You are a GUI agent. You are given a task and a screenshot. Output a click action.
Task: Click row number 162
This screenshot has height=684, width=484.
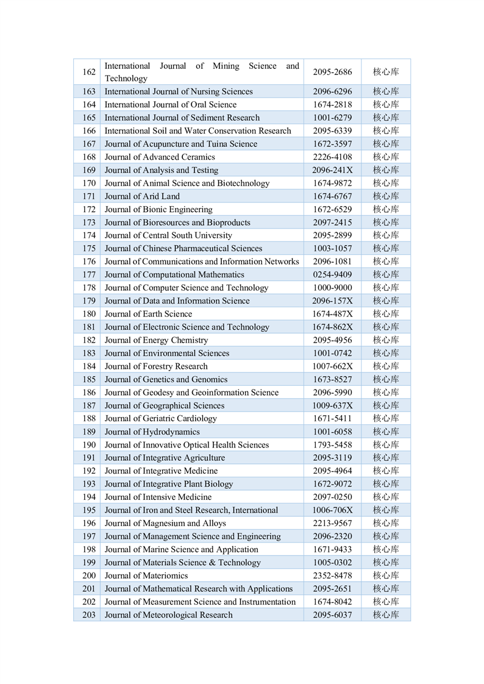click(x=89, y=72)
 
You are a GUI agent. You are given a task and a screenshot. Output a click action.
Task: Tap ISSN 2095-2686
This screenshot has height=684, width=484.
click(x=332, y=72)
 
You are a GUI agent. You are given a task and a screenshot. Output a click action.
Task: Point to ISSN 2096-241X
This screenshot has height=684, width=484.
click(x=332, y=170)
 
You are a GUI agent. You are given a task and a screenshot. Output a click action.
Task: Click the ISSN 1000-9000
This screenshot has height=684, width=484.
click(x=332, y=288)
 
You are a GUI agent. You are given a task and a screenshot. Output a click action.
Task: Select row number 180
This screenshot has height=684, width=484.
click(x=89, y=314)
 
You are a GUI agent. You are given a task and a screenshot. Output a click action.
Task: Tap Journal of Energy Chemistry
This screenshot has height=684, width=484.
click(x=156, y=340)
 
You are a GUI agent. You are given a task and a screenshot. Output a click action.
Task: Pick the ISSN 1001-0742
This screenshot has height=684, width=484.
click(x=332, y=353)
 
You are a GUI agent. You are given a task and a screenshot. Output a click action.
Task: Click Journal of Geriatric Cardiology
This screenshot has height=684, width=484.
click(x=160, y=419)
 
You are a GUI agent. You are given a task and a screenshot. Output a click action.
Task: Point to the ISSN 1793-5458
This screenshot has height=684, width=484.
click(x=332, y=445)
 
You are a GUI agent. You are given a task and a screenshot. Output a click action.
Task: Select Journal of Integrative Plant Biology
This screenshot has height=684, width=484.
click(x=169, y=484)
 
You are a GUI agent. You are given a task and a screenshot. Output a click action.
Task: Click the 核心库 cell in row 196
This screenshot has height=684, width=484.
click(x=386, y=523)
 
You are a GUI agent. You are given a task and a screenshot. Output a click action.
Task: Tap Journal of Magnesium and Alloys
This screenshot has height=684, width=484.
click(x=165, y=523)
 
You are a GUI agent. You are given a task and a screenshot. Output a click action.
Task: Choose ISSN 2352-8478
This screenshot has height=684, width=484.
click(x=332, y=575)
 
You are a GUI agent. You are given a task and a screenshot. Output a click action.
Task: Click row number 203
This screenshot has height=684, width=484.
click(x=89, y=615)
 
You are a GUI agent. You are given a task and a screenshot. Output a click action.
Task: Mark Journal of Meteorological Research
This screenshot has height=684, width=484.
click(x=168, y=615)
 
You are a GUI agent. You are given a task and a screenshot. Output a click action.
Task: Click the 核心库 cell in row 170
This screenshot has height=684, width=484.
click(x=386, y=183)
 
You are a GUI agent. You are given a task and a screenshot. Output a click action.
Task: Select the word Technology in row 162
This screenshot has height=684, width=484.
click(x=126, y=79)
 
